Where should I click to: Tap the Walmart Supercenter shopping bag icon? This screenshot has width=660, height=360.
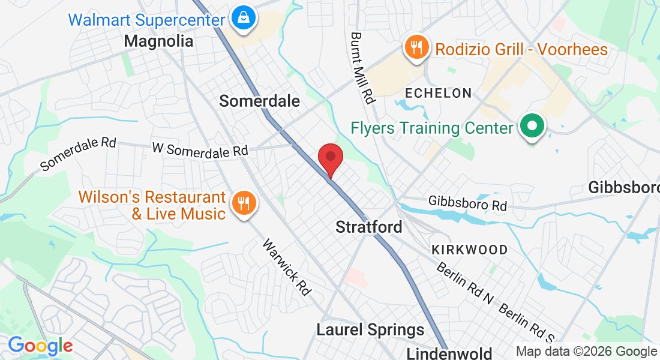click(x=242, y=19)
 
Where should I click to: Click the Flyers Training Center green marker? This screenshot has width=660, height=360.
click(x=531, y=128)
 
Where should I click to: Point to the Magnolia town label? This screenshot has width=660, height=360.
click(x=159, y=41)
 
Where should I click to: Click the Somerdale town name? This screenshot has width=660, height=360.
click(x=259, y=101)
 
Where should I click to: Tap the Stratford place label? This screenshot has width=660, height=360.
click(x=368, y=227)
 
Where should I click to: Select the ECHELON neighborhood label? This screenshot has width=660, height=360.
click(x=439, y=93)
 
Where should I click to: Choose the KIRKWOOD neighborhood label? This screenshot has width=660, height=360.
click(x=470, y=250)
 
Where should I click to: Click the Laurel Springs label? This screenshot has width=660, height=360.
click(x=370, y=329)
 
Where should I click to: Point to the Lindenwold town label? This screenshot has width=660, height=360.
click(x=449, y=353)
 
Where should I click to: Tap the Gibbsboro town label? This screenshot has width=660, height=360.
click(x=624, y=187)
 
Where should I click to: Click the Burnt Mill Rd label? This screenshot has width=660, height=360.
click(x=363, y=67)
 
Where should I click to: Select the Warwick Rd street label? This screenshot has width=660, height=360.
click(x=287, y=268)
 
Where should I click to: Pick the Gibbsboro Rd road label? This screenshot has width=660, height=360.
click(x=468, y=203)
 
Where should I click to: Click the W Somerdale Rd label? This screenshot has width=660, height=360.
click(x=200, y=149)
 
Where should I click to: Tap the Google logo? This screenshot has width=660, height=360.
click(x=40, y=346)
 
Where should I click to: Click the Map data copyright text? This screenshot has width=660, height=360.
click(x=586, y=352)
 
